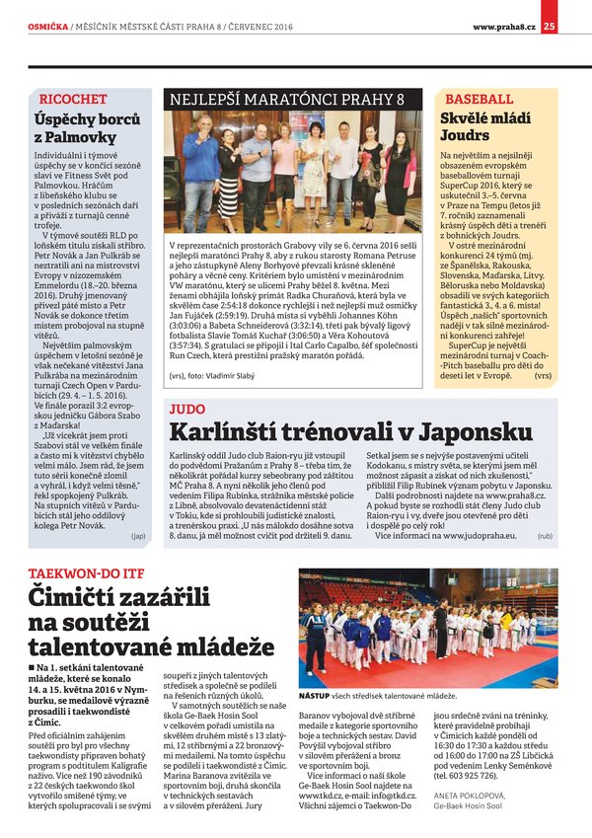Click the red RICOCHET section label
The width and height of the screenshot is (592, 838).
(72, 100)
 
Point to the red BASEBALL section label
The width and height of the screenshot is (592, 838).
(479, 100)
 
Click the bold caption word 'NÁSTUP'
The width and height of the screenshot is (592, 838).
(317, 696)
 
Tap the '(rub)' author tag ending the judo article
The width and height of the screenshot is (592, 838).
(545, 536)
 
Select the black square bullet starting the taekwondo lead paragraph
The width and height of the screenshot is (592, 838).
(33, 668)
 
